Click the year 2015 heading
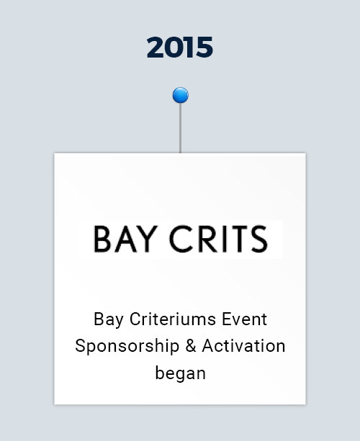[179, 47]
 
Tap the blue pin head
[181, 95]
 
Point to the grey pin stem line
[180, 128]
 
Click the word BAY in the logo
[125, 239]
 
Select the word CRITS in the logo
[218, 239]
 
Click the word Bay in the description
[109, 320]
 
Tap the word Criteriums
[173, 319]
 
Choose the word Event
[244, 319]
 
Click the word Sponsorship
[127, 346]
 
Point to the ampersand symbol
[191, 345]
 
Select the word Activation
[244, 345]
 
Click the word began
[181, 373]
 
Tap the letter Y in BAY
[148, 239]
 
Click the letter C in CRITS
[180, 239]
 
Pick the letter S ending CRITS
[259, 239]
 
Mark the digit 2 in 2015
[156, 47]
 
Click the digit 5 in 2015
[204, 47]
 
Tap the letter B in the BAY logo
[102, 239]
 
